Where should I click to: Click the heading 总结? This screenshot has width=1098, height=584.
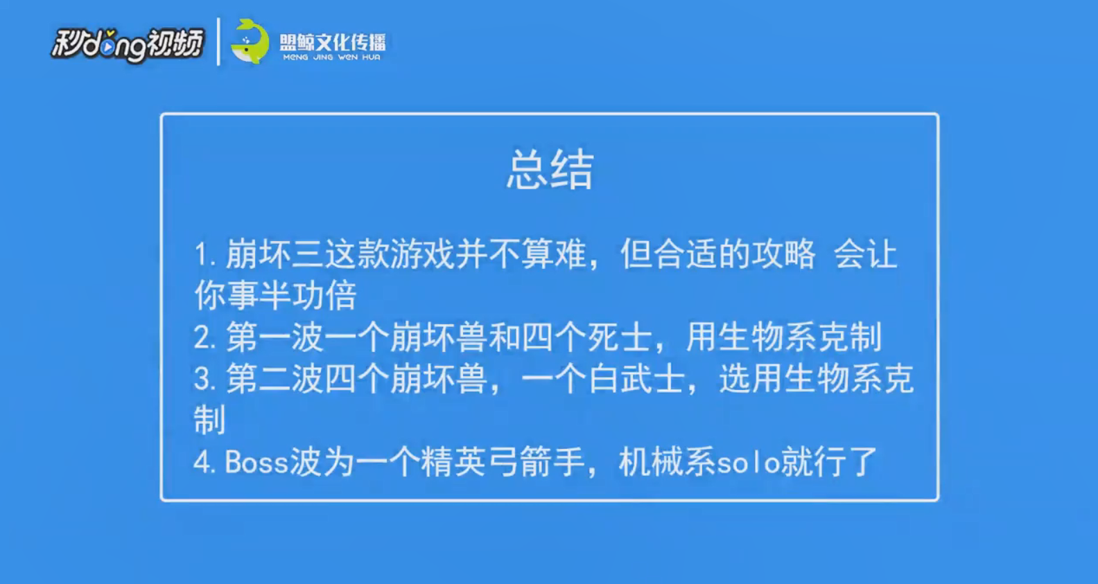tap(550, 169)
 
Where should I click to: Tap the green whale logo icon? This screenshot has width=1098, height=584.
tap(250, 42)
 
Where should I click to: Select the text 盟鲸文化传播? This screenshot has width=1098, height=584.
tap(332, 43)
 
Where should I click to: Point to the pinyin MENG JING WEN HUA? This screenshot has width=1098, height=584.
tap(332, 57)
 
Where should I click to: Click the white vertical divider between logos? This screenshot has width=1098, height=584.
tap(218, 42)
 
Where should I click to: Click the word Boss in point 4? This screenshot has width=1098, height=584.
tap(256, 462)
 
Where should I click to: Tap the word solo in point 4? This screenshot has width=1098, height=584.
tap(749, 462)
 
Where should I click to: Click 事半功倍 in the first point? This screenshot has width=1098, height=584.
tap(292, 295)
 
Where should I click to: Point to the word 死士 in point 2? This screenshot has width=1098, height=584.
tap(619, 337)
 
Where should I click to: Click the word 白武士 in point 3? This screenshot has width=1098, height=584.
tap(636, 379)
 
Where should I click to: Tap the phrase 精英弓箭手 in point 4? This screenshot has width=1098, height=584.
tap(503, 461)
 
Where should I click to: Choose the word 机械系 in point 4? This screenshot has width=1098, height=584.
tap(667, 461)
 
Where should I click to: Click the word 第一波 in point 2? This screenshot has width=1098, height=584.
tap(274, 337)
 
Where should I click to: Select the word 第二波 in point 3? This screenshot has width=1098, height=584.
tap(274, 379)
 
